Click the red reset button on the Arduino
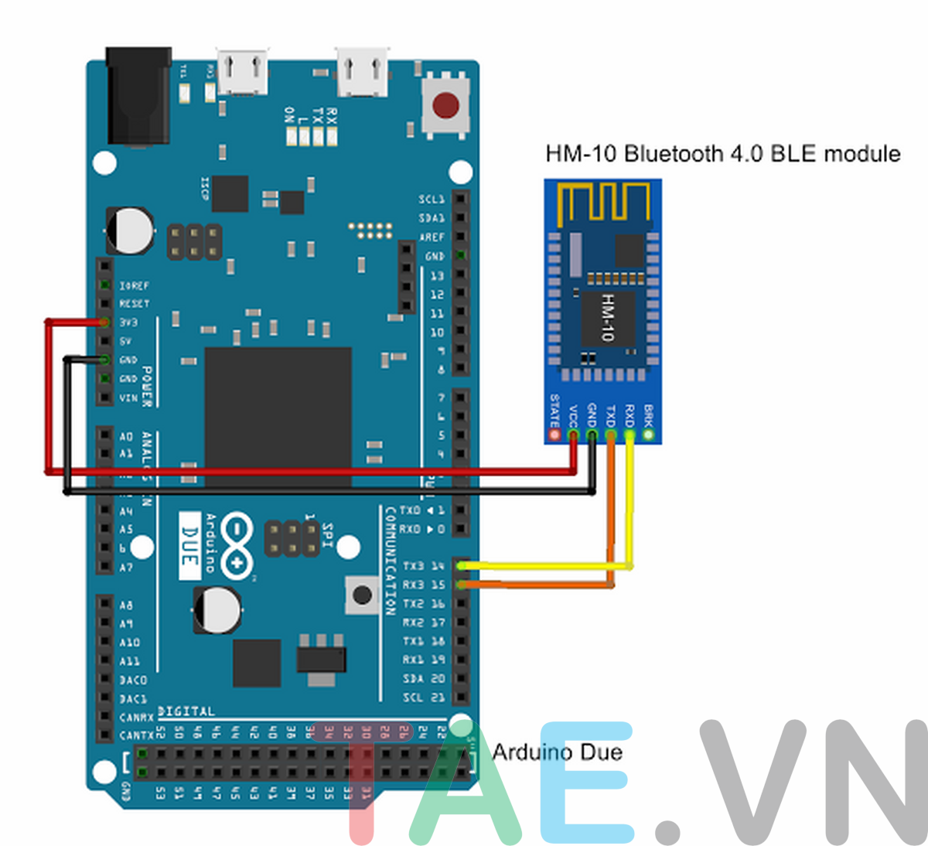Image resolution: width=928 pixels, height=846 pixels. tap(445, 104)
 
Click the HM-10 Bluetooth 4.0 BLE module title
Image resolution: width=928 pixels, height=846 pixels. tap(723, 153)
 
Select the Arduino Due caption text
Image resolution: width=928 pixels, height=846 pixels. tap(557, 752)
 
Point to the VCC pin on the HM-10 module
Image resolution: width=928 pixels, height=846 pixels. tap(573, 435)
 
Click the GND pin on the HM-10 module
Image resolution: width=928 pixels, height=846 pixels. tap(592, 435)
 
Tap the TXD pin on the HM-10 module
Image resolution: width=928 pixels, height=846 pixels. tap(611, 435)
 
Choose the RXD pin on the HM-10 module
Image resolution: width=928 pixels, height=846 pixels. tap(629, 435)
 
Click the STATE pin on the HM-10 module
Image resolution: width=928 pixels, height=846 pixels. tap(554, 435)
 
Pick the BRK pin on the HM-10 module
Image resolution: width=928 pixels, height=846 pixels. tap(649, 435)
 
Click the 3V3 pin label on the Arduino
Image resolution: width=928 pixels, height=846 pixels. tap(128, 322)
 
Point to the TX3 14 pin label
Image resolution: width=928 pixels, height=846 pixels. tap(424, 566)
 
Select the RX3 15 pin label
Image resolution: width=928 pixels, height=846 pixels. tap(424, 585)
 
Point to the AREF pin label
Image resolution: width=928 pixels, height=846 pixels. tap(432, 237)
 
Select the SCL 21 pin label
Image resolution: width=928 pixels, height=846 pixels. tap(424, 698)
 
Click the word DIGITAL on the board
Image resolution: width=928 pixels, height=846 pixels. tap(186, 711)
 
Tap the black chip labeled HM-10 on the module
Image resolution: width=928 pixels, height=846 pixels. tap(608, 317)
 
